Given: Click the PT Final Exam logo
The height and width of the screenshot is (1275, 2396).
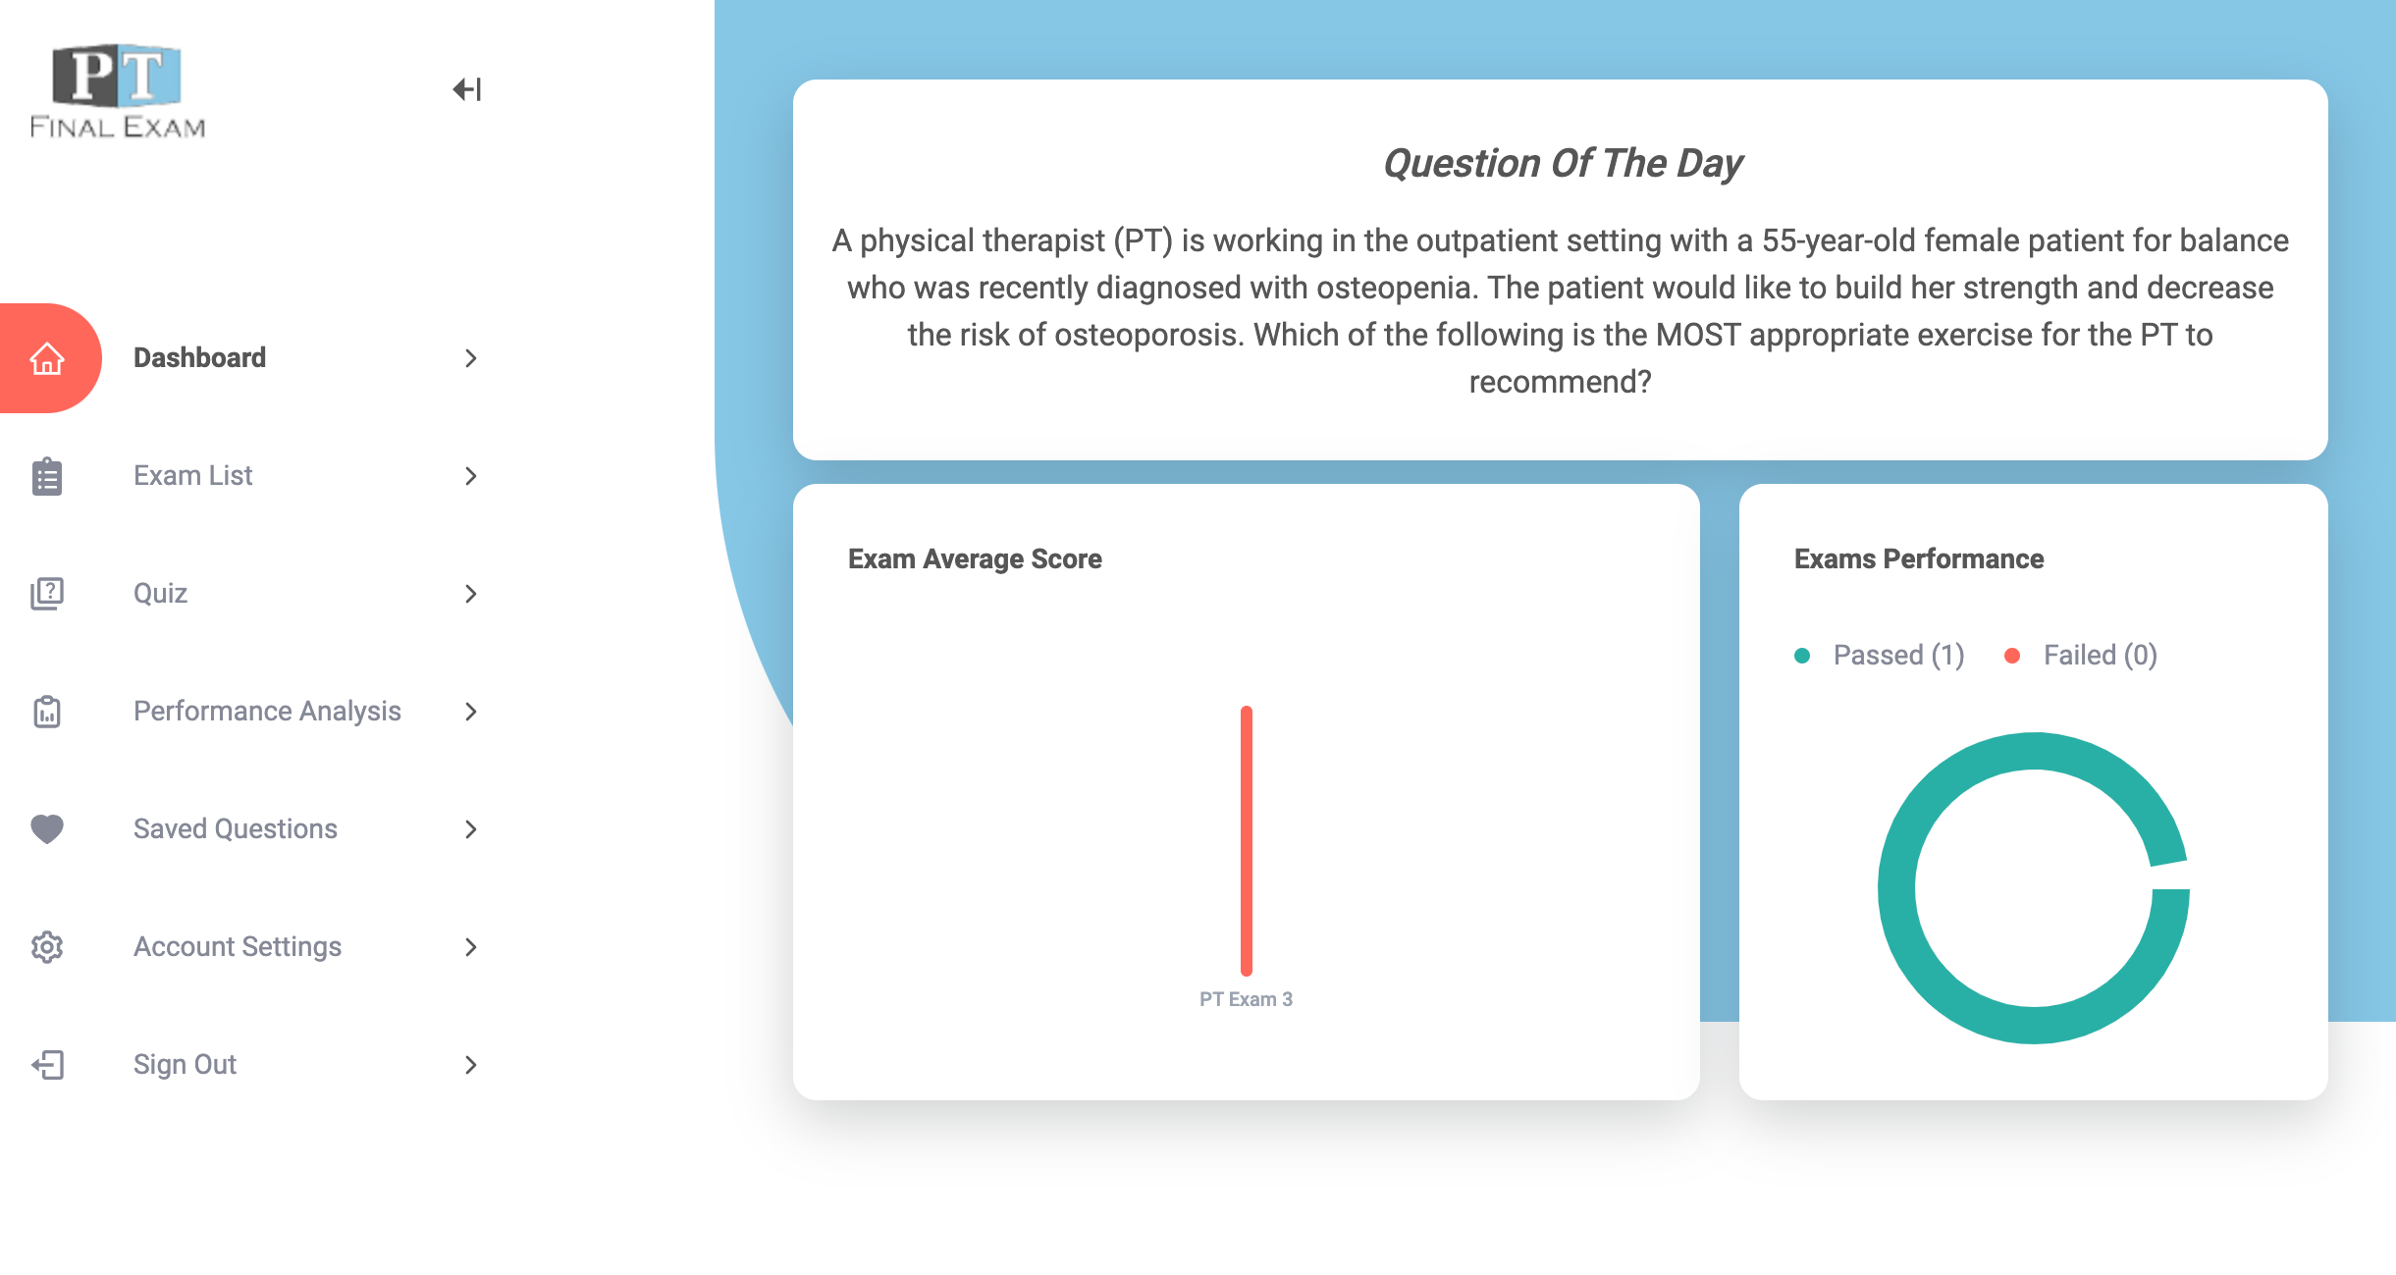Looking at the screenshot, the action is [x=118, y=90].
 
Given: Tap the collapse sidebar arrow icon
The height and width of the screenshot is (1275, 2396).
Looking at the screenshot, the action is [x=467, y=89].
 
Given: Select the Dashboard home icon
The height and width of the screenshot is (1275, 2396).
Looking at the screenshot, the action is [x=47, y=358].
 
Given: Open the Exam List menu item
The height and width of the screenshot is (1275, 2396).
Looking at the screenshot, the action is [x=192, y=476].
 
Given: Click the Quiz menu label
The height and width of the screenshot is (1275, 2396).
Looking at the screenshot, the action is [x=160, y=594].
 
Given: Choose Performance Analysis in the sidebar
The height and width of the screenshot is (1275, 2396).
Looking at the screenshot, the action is [x=267, y=712].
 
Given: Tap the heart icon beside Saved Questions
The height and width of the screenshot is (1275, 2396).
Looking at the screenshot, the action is [x=47, y=829].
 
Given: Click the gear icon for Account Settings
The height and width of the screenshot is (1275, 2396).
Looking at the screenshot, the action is [x=47, y=947].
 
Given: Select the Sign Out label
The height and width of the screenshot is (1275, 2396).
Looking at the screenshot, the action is [x=185, y=1065].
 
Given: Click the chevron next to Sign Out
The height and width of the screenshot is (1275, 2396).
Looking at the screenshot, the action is [x=471, y=1065].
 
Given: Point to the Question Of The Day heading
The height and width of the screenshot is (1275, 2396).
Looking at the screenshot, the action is [x=1563, y=163].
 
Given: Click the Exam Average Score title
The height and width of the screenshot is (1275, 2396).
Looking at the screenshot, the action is [x=975, y=558].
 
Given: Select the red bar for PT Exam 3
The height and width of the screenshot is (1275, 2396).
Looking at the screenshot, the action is [x=1247, y=841].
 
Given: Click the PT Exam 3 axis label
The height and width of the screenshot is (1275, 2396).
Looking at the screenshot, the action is [x=1246, y=999].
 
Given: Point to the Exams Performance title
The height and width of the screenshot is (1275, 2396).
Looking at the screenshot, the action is [x=1919, y=558].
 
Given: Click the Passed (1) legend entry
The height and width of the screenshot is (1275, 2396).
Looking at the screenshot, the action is [x=1879, y=656].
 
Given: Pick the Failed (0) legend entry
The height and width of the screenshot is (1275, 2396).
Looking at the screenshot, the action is [x=2080, y=656].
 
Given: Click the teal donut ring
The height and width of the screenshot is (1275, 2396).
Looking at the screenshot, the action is [x=1896, y=888].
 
